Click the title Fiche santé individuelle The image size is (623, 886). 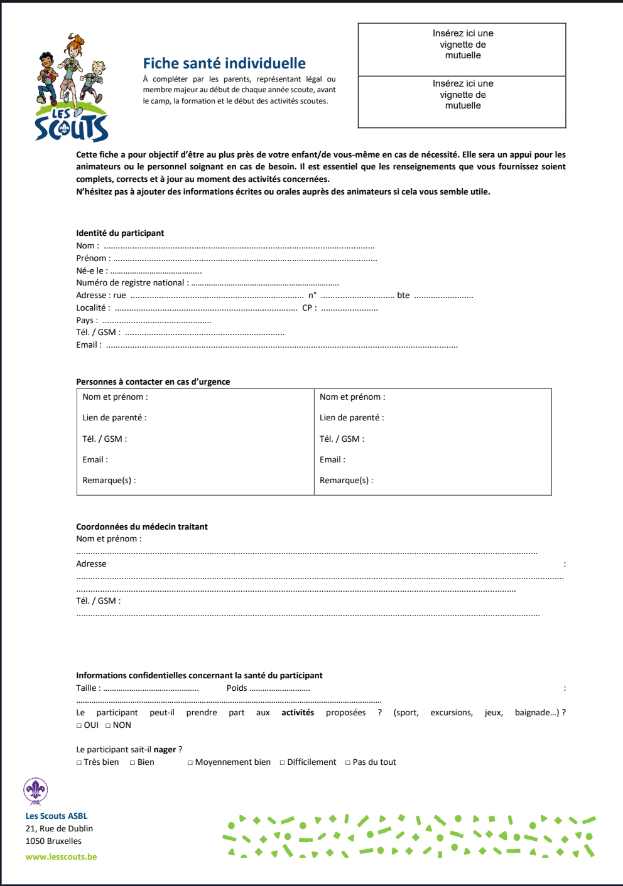click(x=224, y=63)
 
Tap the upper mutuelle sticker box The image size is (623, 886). click(x=462, y=49)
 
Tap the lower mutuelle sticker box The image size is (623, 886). click(x=462, y=101)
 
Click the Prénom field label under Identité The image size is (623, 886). click(x=93, y=258)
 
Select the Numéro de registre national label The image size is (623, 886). click(x=132, y=283)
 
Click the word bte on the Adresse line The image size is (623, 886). click(x=403, y=296)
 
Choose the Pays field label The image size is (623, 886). click(x=87, y=321)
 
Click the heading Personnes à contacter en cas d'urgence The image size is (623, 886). click(x=153, y=382)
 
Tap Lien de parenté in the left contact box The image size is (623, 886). click(x=114, y=418)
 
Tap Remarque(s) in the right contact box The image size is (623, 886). click(x=346, y=481)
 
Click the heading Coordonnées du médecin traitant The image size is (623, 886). click(x=141, y=527)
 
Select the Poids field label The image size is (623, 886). click(x=237, y=688)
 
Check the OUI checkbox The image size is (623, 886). click(x=79, y=726)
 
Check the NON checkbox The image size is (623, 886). click(x=108, y=726)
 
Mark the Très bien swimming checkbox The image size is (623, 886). click(x=79, y=763)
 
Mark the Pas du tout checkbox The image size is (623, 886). click(x=348, y=763)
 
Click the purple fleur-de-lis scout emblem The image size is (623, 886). click(x=36, y=791)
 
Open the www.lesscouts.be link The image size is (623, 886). click(x=61, y=857)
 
